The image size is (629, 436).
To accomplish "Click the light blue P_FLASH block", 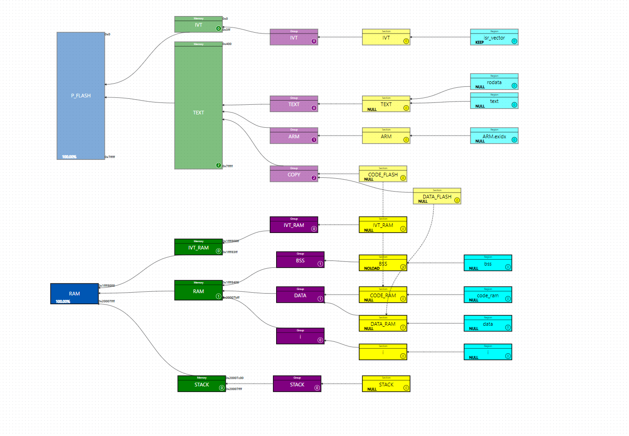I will (x=80, y=96).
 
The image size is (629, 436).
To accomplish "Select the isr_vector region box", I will (x=494, y=38).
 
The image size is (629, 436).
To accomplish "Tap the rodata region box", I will (x=494, y=82).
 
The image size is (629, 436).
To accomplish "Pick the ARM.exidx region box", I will (x=494, y=136).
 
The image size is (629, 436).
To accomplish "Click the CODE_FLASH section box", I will (x=383, y=175).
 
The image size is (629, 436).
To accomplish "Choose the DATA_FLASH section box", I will (x=436, y=197).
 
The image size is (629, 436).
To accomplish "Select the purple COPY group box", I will (x=294, y=175).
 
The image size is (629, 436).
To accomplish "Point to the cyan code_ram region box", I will (x=487, y=295).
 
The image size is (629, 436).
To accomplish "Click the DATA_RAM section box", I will (x=383, y=324).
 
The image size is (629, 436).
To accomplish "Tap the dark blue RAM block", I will (x=74, y=294).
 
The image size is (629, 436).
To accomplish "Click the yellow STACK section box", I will (x=386, y=385).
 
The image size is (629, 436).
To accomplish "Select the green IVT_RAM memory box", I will (x=198, y=248).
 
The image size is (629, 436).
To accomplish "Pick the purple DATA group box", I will (x=300, y=295).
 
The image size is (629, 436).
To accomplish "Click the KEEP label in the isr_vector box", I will (x=480, y=42).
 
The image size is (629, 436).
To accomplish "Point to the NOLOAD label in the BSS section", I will (x=372, y=268).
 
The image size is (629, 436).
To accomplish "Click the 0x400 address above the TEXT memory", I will (x=227, y=44).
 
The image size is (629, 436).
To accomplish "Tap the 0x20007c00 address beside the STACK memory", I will (x=234, y=378).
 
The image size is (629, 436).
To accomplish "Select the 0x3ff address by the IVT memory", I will (x=227, y=30).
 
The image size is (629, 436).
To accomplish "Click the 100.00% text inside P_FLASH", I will (x=69, y=157).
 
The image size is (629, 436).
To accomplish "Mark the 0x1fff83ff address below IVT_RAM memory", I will (x=230, y=252).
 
